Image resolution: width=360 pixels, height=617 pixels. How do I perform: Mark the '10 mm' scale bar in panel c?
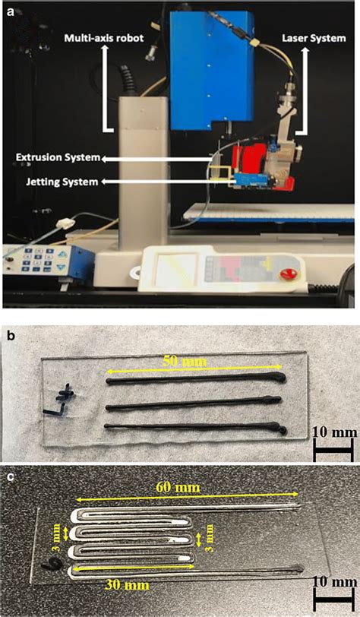333,597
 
